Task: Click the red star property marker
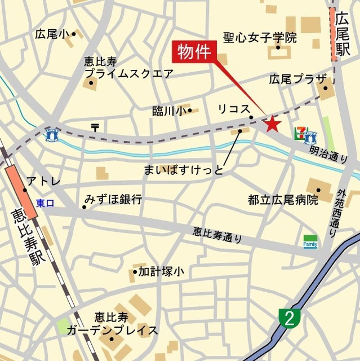click(273, 123)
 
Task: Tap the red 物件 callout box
click(194, 52)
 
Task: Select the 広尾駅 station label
click(341, 35)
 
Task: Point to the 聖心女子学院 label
click(260, 38)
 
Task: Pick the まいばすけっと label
click(184, 169)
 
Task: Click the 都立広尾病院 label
click(283, 200)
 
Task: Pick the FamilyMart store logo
click(310, 241)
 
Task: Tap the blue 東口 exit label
click(45, 203)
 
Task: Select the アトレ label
click(40, 182)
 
